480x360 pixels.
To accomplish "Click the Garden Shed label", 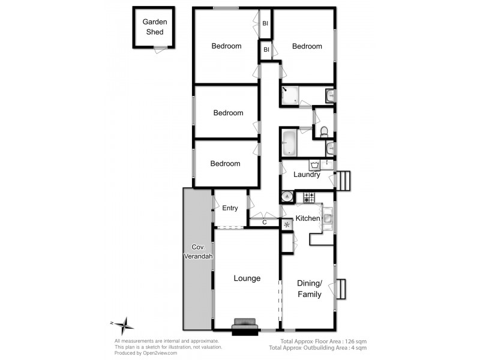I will point(154,26).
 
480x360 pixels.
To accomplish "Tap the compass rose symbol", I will point(124,326).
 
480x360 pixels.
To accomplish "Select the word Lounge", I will point(247,278).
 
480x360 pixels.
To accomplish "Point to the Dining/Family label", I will point(310,289).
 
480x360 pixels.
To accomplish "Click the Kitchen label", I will point(308,218).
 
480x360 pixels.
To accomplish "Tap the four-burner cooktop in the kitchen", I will point(308,197).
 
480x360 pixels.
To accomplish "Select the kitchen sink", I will point(328,218).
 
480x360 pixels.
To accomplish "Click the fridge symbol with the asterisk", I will point(287,224).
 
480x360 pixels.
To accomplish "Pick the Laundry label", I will point(306,175).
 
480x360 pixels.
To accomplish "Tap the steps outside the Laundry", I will point(344,179).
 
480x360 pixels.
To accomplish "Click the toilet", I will point(323,131).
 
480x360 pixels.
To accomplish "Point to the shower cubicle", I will point(291,95).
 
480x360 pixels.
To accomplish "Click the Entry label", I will point(230,208).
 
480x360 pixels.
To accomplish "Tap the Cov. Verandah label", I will point(197,252).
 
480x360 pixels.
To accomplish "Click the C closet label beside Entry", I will point(265,222).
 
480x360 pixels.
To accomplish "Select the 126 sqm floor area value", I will point(355,341).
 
